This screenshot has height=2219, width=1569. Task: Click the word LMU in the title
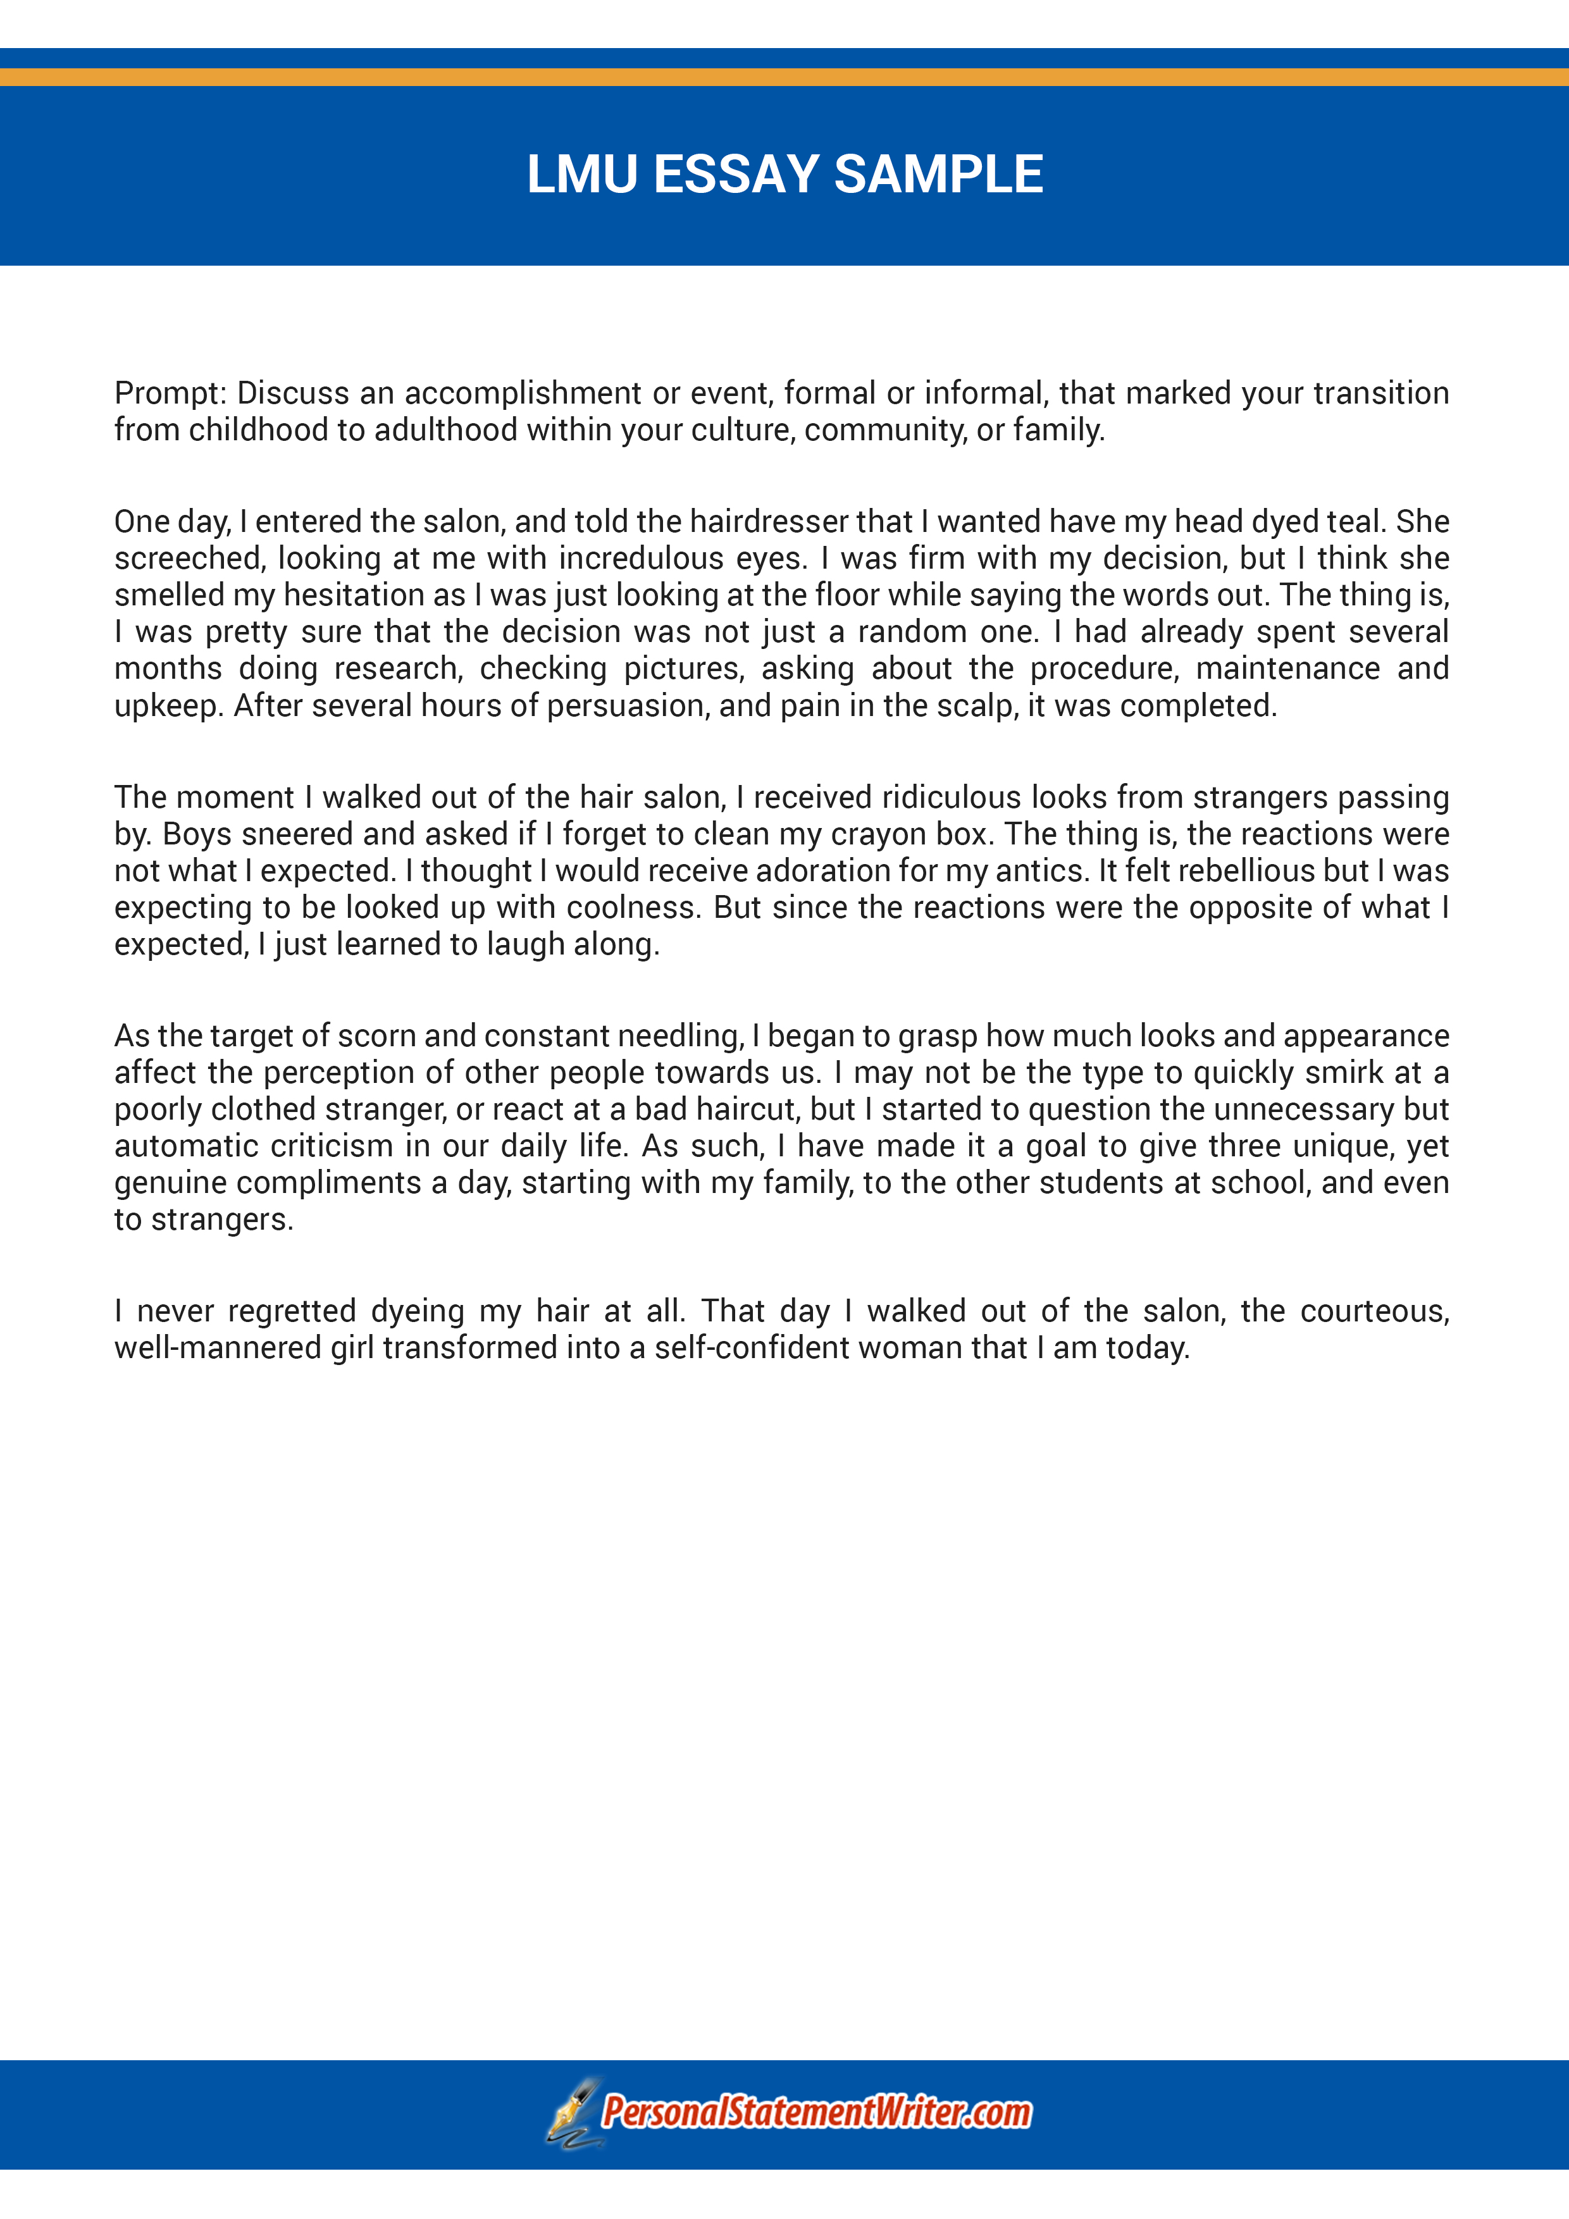pos(582,175)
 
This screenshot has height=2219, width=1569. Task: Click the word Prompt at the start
pos(169,393)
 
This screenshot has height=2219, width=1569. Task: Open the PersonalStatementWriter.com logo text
pos(816,2111)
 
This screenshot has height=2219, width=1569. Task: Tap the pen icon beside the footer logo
pos(573,2111)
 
